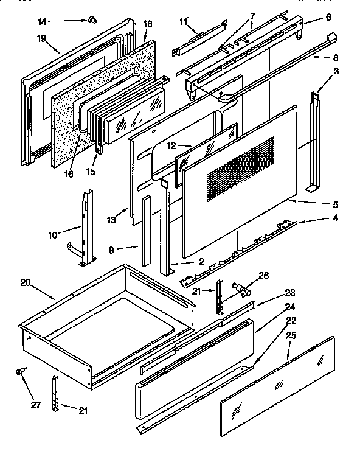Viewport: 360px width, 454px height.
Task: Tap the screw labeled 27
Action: coord(20,371)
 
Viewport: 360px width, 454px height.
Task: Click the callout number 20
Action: coord(25,282)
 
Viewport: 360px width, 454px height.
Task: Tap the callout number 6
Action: coord(328,18)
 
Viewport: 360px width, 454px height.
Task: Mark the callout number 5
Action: coord(335,205)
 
